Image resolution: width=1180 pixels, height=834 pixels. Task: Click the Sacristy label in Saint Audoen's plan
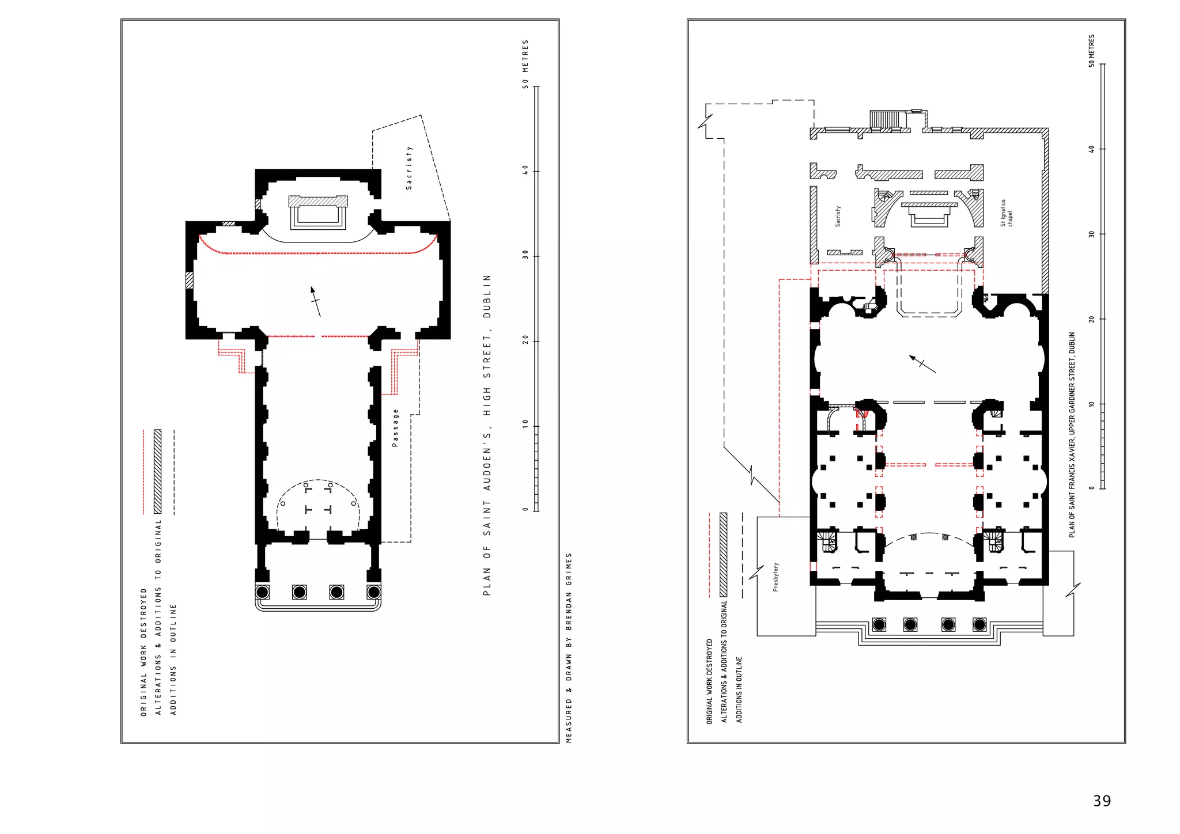(x=409, y=168)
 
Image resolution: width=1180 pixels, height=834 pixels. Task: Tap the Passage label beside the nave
(x=395, y=428)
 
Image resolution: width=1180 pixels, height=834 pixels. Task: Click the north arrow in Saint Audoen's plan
(x=315, y=301)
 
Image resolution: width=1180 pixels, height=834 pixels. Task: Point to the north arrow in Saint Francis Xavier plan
(x=922, y=364)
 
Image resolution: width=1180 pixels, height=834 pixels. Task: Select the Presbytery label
(x=776, y=577)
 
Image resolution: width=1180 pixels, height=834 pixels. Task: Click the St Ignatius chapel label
(x=1006, y=213)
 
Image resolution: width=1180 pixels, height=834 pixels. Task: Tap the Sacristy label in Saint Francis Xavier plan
(x=838, y=216)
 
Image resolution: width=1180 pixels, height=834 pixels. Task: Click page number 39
(x=1102, y=801)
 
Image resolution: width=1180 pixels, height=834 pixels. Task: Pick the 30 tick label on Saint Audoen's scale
(x=525, y=255)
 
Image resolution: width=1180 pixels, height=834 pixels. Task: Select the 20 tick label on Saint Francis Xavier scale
(x=1091, y=319)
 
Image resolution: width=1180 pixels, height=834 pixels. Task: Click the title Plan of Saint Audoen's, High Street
(x=487, y=435)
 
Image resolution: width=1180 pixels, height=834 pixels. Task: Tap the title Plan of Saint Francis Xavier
(x=1072, y=435)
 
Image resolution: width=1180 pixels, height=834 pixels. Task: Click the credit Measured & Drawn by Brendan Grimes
(x=569, y=648)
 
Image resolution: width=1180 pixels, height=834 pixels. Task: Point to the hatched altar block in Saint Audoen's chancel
(x=318, y=201)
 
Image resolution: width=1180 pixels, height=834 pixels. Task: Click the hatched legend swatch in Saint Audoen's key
(x=157, y=472)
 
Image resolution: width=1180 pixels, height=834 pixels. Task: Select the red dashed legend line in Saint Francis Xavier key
(x=709, y=555)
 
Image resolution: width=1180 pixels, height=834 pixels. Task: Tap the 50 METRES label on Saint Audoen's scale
(x=525, y=64)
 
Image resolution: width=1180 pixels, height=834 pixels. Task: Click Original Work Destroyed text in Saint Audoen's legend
(x=143, y=652)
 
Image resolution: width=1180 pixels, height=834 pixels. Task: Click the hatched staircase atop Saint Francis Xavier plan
(x=884, y=119)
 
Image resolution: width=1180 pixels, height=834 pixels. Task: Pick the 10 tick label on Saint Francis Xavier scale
(x=1091, y=404)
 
